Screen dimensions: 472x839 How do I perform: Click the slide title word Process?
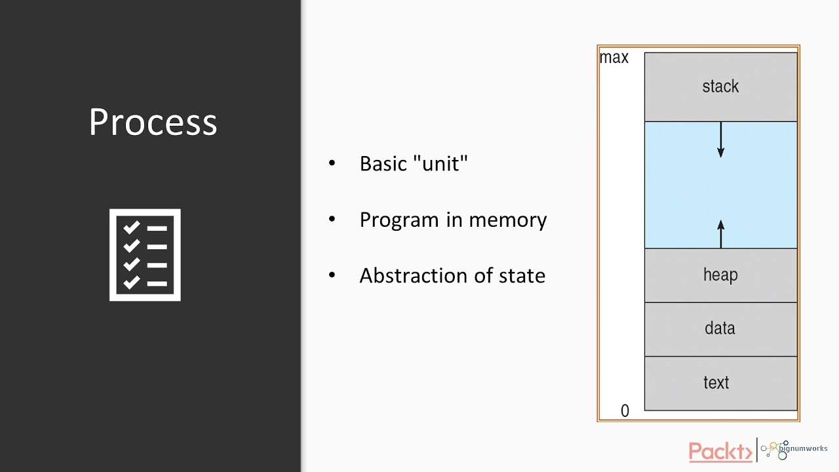[153, 123]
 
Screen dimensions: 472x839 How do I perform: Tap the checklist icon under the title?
[145, 255]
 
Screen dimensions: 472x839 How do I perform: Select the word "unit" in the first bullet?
[441, 164]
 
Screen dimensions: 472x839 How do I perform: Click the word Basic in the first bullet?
[383, 164]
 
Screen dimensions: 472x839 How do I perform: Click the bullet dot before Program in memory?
[332, 219]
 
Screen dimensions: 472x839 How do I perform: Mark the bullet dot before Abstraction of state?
[332, 275]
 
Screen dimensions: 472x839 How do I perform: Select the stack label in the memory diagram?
[720, 87]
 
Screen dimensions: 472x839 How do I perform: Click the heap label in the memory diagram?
[720, 275]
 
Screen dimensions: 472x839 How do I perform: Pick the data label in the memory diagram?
[720, 328]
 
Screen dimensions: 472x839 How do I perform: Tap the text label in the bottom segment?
[716, 383]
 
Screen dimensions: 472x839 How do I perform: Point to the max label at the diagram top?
[614, 58]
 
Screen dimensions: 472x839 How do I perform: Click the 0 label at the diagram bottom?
[625, 411]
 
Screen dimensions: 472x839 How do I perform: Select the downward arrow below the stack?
[721, 140]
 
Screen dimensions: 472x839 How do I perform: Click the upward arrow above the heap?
[721, 233]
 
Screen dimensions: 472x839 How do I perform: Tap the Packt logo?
[720, 452]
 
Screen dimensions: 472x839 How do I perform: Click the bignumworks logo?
[793, 450]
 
